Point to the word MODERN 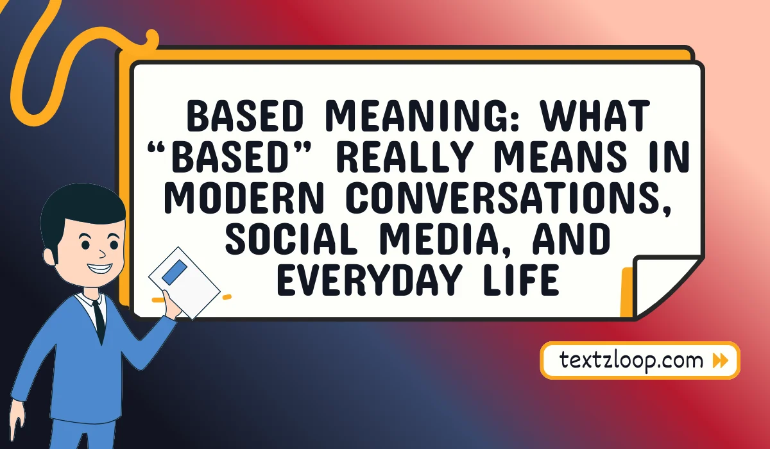click(x=244, y=197)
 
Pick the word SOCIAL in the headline click(x=291, y=239)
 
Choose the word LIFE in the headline click(x=521, y=279)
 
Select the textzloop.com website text click(x=631, y=360)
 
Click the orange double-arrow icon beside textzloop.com click(x=721, y=360)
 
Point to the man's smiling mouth click(x=100, y=267)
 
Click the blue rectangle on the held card click(x=175, y=273)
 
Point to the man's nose click(x=102, y=254)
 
